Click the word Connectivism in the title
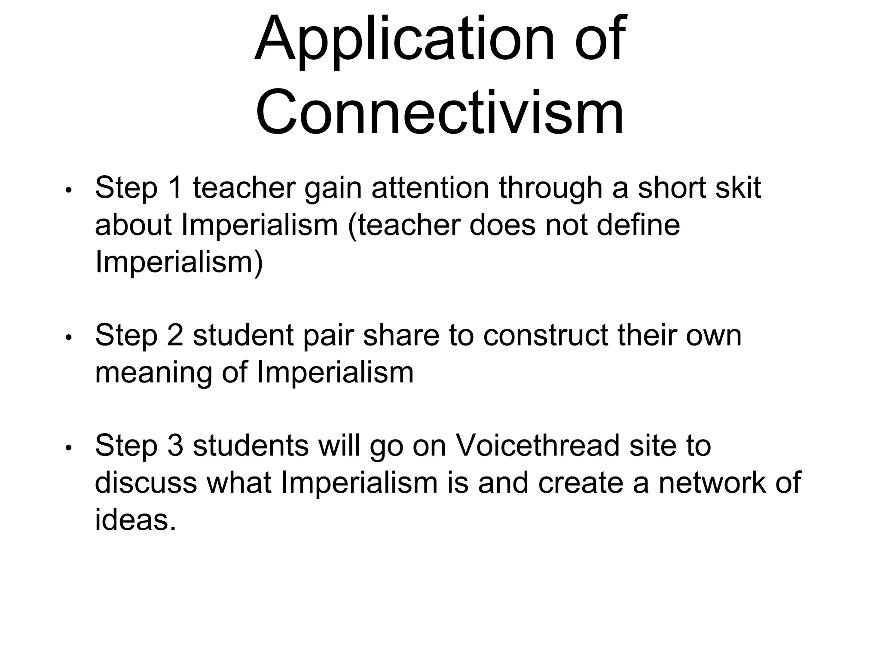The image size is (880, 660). pyautogui.click(x=440, y=113)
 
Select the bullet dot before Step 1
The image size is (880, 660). pyautogui.click(x=68, y=190)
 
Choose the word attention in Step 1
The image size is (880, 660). pyautogui.click(x=430, y=188)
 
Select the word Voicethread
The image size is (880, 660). pyautogui.click(x=537, y=446)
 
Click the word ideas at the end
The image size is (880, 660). pyautogui.click(x=135, y=519)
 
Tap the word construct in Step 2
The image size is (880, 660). pyautogui.click(x=545, y=335)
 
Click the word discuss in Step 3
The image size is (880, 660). pyautogui.click(x=146, y=483)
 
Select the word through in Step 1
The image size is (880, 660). pyautogui.click(x=550, y=189)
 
